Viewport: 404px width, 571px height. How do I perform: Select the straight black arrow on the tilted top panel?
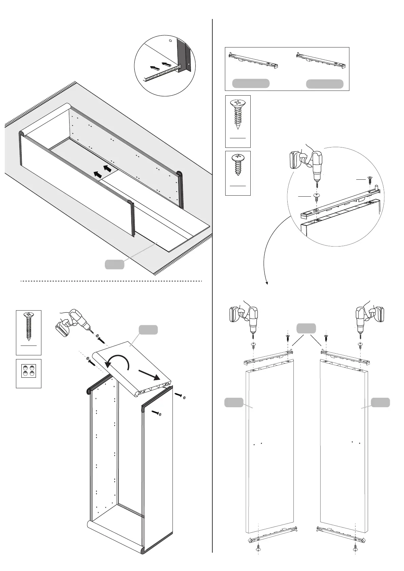(149, 375)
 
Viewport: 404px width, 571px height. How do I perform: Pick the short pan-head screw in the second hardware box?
(238, 164)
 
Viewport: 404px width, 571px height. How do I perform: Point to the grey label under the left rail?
(251, 83)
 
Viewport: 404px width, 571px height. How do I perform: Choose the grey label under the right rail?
(325, 84)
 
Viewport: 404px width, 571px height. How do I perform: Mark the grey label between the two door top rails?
(306, 328)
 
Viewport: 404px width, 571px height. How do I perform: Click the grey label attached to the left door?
(234, 402)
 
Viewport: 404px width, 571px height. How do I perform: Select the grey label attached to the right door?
(380, 402)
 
